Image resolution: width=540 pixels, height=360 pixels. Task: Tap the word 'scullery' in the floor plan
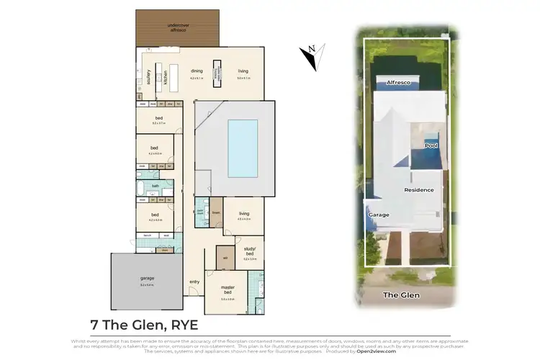click(x=148, y=75)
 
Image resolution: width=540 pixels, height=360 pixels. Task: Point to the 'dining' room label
click(x=197, y=71)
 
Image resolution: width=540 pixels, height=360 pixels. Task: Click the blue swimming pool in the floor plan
click(x=243, y=148)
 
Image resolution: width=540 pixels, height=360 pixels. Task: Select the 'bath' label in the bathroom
click(x=155, y=186)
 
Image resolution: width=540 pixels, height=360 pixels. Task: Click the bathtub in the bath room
click(x=142, y=189)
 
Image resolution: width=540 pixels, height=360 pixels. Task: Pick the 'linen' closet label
click(x=215, y=212)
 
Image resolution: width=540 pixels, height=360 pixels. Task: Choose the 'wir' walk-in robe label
click(x=225, y=257)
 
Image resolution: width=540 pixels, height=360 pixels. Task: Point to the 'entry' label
click(x=194, y=282)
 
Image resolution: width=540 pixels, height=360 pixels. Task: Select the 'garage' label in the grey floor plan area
click(x=146, y=278)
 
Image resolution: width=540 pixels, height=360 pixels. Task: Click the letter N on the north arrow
click(x=312, y=50)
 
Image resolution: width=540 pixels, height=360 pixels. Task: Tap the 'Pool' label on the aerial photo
click(x=431, y=145)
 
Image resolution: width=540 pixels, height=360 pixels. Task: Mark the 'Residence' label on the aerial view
click(x=418, y=190)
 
